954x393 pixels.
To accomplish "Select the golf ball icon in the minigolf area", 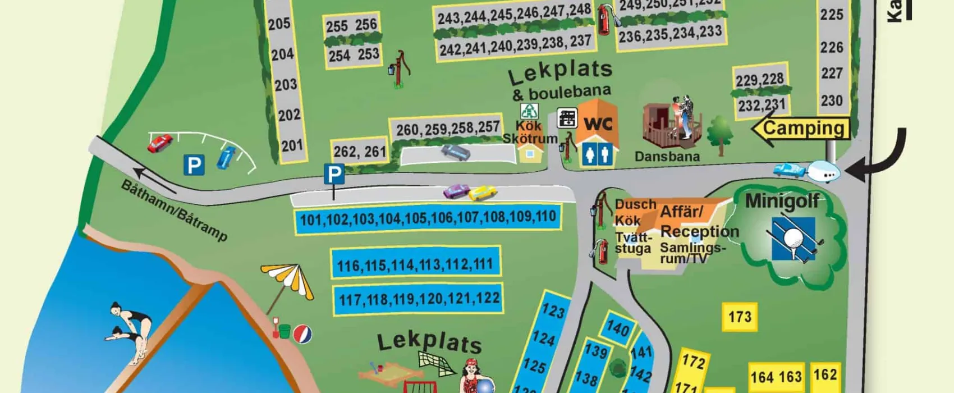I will click(792, 239).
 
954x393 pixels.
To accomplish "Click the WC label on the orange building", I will click(598, 124).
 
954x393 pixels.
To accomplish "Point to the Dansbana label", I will click(667, 157).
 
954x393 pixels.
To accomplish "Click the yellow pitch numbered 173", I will click(739, 317).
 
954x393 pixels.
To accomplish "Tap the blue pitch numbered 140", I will click(618, 328).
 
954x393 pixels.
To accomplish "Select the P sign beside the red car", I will click(194, 165).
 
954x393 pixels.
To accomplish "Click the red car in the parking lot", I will click(160, 143).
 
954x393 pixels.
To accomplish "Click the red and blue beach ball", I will click(302, 334).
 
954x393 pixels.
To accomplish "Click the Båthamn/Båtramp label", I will click(174, 211).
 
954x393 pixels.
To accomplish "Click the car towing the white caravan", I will click(788, 170).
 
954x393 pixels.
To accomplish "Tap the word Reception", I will click(699, 231).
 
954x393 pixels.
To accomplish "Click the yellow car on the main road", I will click(483, 193).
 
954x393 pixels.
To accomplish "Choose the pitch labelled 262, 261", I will click(359, 152).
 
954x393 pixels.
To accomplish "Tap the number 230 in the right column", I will click(832, 101).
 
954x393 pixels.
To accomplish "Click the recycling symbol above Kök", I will click(529, 111).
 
